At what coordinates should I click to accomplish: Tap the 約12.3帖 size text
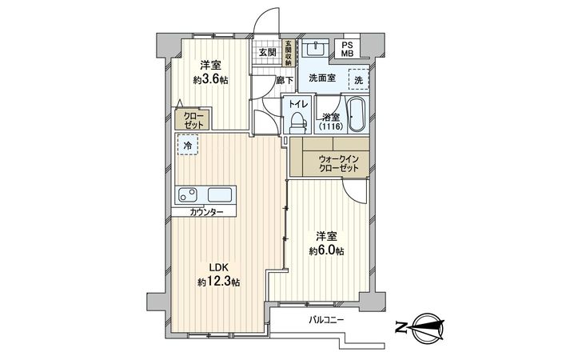[219, 282]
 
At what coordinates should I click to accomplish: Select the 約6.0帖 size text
[326, 250]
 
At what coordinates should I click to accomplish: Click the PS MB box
[348, 49]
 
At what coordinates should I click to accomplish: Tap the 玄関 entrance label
[266, 53]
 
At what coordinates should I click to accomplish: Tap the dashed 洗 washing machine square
[358, 80]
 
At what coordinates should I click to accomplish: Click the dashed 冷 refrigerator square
[187, 146]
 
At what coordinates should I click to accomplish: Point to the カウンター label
[207, 213]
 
